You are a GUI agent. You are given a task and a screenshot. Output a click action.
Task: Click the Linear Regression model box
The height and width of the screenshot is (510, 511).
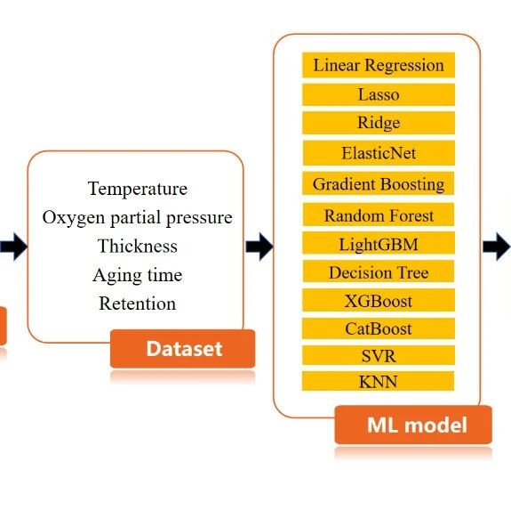[379, 65]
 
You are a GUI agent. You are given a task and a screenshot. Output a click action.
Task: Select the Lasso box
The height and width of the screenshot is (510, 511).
[379, 94]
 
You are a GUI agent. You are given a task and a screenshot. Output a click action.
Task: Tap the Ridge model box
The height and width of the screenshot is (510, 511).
[379, 123]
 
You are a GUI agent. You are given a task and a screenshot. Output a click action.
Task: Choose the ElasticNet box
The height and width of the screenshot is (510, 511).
[379, 153]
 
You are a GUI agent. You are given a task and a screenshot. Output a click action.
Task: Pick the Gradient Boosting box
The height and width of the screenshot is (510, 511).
[379, 183]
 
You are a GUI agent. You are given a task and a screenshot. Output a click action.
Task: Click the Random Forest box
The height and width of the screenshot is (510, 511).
[379, 215]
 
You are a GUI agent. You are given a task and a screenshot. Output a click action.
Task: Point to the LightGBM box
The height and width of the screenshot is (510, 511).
[379, 243]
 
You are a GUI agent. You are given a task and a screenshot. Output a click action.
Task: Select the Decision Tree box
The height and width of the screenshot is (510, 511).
[379, 271]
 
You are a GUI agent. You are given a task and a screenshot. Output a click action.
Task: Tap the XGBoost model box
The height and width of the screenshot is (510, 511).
[379, 300]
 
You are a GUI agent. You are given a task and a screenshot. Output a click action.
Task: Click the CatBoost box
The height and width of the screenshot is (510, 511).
[379, 328]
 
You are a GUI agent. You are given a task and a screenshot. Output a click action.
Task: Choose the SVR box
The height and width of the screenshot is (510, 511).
[379, 355]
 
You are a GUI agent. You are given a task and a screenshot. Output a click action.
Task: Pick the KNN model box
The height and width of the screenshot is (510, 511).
[379, 381]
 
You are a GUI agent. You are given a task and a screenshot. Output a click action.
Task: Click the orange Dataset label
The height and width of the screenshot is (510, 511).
[183, 349]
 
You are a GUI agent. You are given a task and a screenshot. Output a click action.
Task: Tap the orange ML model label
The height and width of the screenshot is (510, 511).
[413, 425]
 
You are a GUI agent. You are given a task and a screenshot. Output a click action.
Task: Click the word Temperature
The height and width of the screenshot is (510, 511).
[138, 189]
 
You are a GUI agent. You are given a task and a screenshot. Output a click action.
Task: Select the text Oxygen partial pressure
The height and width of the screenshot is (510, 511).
[137, 218]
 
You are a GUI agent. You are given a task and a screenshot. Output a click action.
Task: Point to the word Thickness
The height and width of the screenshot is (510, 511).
[138, 246]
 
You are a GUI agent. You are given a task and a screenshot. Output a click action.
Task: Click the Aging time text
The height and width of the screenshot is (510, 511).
[138, 275]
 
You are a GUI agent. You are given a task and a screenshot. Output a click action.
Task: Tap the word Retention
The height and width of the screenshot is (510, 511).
[138, 304]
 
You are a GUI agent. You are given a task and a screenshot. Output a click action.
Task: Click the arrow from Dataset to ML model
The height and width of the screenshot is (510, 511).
[259, 247]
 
